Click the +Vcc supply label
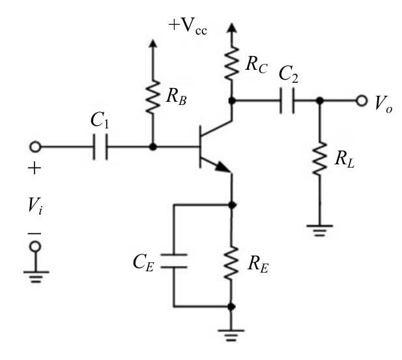click(188, 26)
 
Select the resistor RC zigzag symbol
click(231, 63)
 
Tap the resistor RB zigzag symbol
click(153, 97)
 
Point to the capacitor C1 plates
click(100, 147)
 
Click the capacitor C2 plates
click(287, 100)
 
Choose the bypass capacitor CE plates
click(174, 261)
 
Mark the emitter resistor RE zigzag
click(231, 262)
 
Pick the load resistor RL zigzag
click(320, 159)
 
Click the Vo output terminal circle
click(362, 100)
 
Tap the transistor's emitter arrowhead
click(223, 167)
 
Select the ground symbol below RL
click(320, 231)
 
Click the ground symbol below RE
click(231, 335)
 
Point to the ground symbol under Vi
click(36, 277)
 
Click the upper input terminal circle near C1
click(35, 147)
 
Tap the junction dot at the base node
click(153, 147)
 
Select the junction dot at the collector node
click(232, 100)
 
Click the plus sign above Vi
click(35, 168)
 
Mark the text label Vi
click(35, 205)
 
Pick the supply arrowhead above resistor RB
click(153, 43)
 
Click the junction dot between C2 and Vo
click(320, 100)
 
